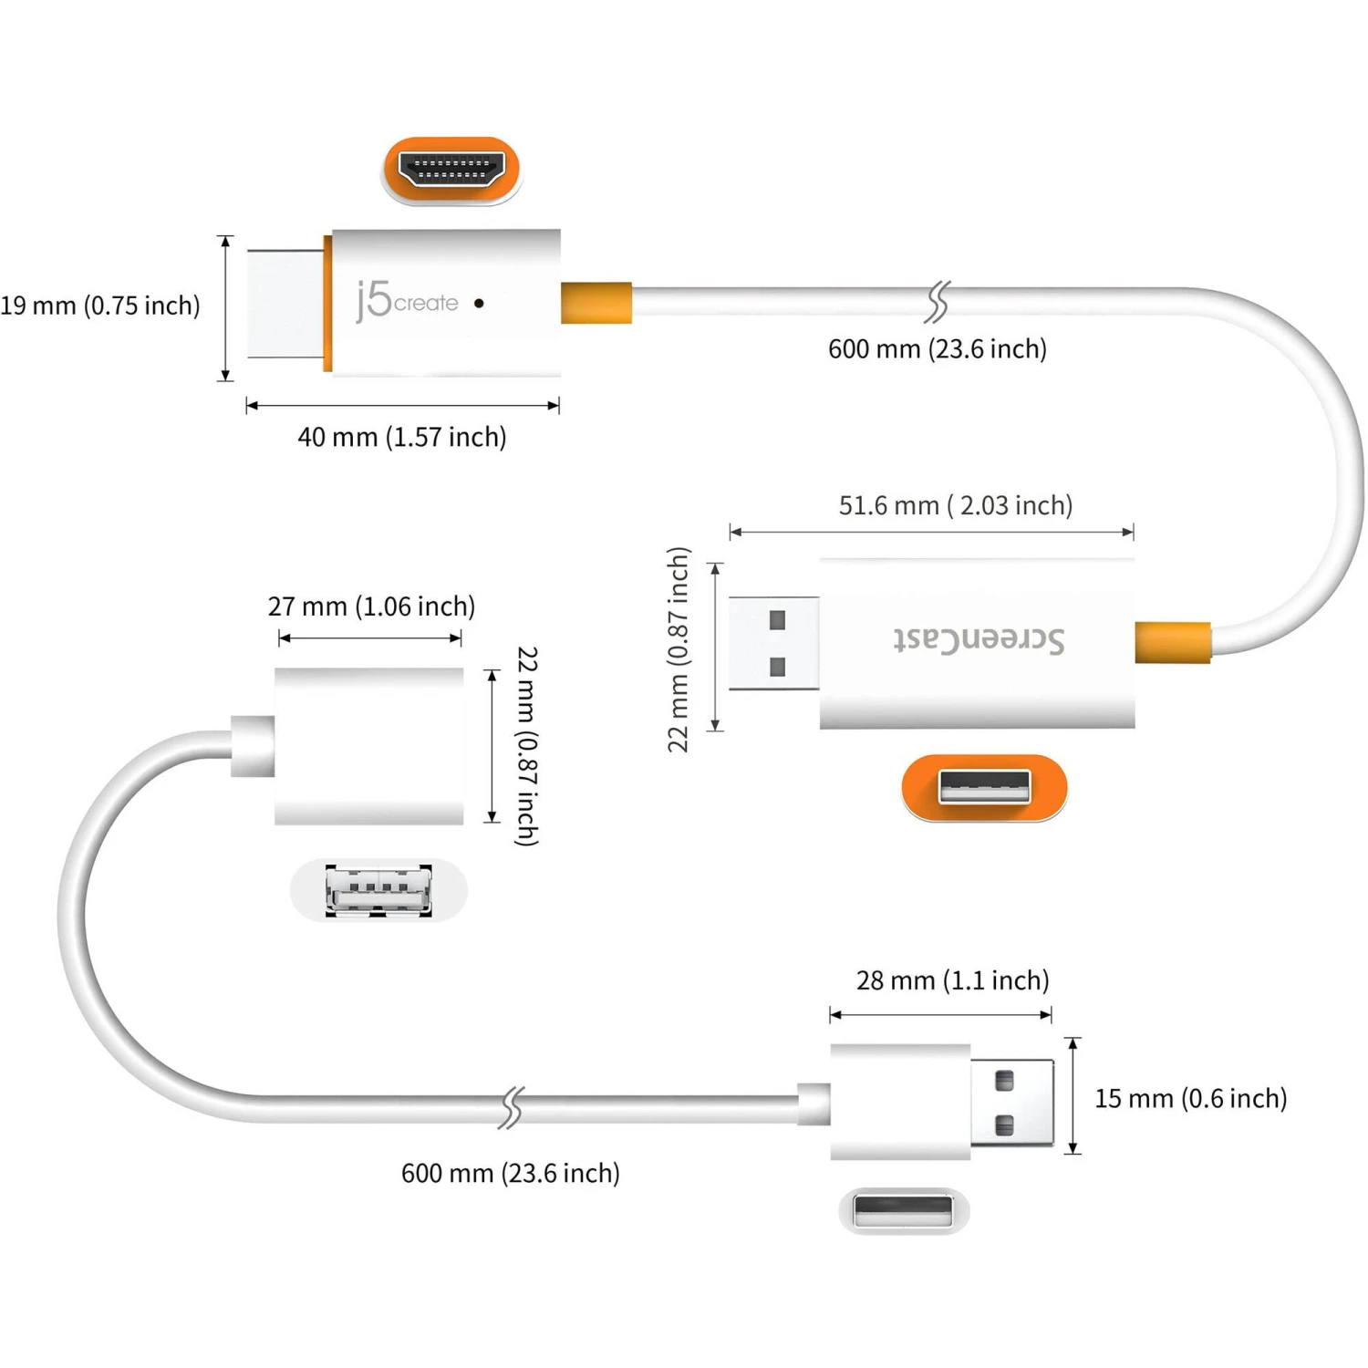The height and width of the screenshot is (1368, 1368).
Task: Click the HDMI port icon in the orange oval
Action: [451, 170]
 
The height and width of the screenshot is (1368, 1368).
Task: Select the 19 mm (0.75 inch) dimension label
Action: [99, 306]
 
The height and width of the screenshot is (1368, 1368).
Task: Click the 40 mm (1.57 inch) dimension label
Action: [401, 437]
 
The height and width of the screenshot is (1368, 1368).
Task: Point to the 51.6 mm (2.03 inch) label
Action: [955, 505]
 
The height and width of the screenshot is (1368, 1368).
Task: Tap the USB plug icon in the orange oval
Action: [984, 787]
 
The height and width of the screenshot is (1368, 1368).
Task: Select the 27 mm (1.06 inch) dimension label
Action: [371, 606]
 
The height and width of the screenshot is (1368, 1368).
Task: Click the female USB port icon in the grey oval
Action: [378, 890]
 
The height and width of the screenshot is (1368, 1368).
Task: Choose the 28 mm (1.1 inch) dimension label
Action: [952, 980]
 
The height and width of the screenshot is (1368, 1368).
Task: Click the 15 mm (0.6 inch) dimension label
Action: [1190, 1098]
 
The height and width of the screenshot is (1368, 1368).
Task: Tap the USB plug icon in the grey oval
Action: [903, 1211]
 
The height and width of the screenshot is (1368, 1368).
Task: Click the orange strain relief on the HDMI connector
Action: [596, 303]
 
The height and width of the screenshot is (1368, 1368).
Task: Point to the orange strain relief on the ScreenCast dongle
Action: [1173, 642]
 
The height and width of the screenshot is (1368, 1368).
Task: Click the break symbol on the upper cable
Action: [938, 302]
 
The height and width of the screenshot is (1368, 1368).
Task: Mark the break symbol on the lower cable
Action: [513, 1107]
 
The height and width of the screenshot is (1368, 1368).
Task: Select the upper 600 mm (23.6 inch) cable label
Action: [937, 349]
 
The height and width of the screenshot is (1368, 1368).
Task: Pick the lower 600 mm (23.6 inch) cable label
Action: [510, 1173]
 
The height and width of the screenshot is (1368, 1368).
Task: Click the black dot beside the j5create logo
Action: [479, 303]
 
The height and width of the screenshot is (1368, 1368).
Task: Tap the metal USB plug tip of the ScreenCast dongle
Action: [773, 643]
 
